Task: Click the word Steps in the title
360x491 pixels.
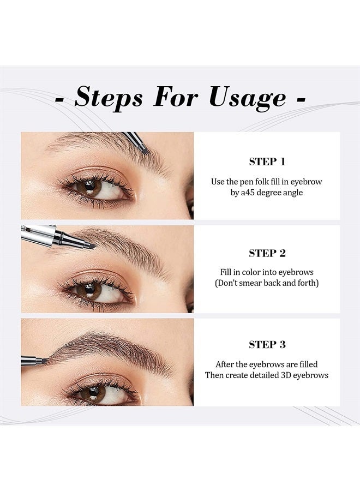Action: [x=109, y=98]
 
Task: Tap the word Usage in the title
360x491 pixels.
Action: [x=248, y=98]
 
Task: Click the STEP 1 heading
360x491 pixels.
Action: [x=267, y=161]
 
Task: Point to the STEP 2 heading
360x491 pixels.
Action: [x=267, y=253]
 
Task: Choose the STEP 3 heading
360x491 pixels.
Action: [x=267, y=344]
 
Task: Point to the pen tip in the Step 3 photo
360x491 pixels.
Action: [x=44, y=361]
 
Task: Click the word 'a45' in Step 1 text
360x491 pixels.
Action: [x=248, y=192]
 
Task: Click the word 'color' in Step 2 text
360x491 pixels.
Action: [x=251, y=272]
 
